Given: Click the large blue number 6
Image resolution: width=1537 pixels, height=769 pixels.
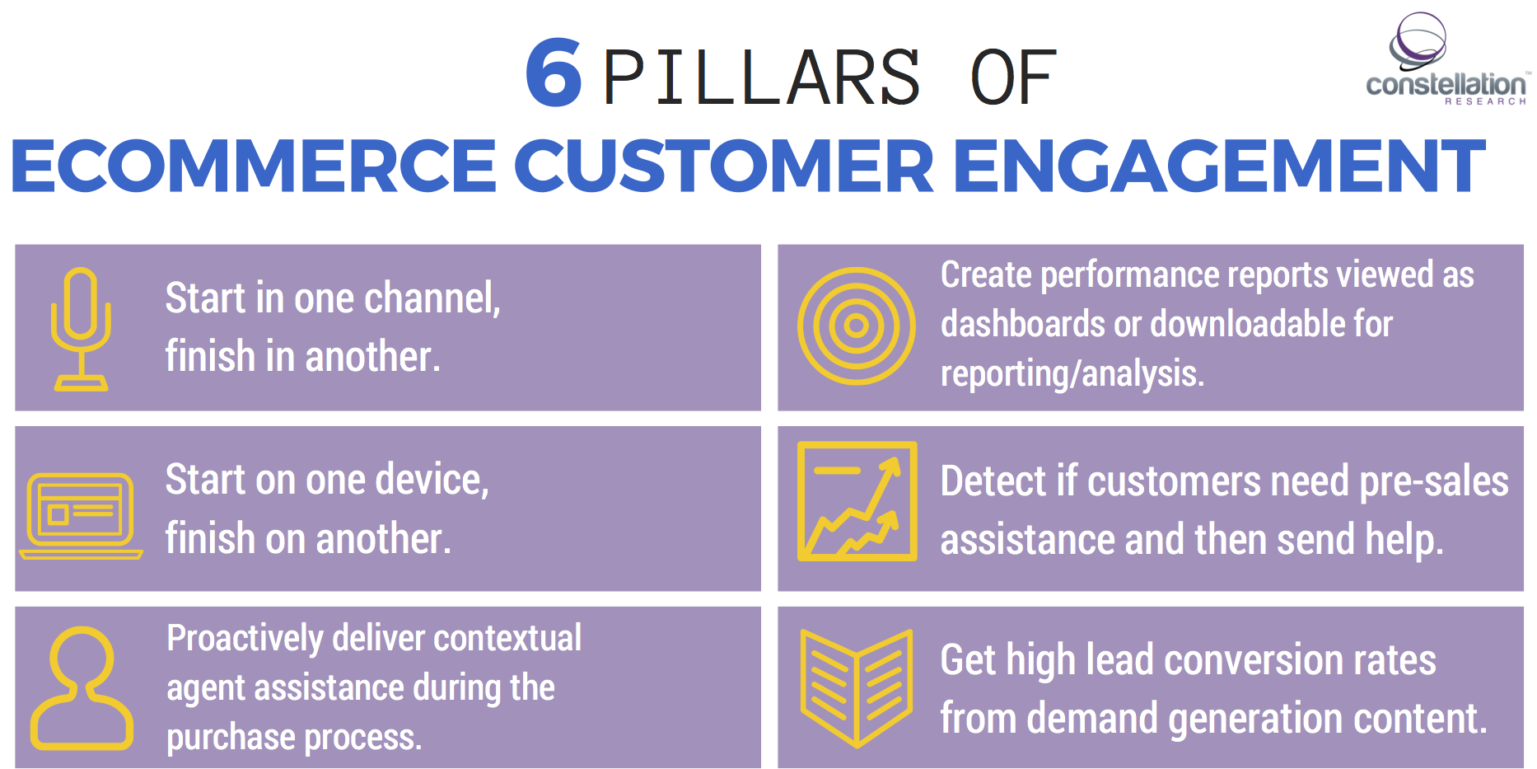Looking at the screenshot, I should pos(554,74).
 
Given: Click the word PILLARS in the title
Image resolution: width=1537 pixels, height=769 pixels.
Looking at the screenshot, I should pos(762,78).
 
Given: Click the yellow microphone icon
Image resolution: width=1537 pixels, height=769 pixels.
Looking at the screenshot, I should pos(81,328).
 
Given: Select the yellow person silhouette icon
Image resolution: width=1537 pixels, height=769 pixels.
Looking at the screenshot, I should pos(81,688).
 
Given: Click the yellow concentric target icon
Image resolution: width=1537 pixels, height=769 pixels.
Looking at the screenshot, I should pos(857,326).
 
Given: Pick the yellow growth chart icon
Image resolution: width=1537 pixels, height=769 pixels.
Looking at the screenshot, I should pos(857,501).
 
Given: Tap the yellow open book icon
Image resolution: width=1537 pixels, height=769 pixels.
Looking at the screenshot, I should pos(857,688).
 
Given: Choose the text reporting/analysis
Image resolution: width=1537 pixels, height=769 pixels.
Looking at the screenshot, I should pos(1072,374).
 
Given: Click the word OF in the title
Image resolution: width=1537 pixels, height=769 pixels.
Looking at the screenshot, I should pos(1013,78).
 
